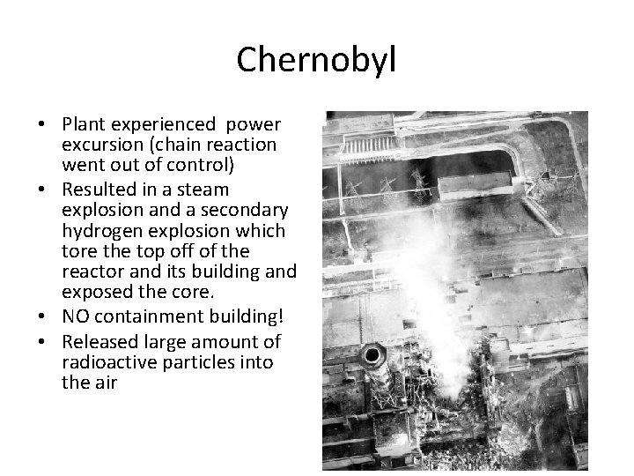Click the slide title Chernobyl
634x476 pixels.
[317, 60]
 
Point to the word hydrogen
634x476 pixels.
[100, 231]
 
